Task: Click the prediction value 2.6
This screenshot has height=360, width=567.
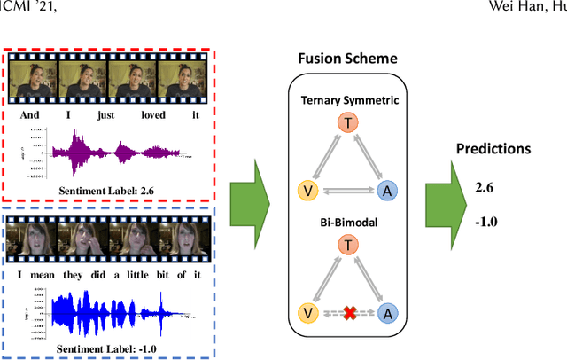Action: pos(485,188)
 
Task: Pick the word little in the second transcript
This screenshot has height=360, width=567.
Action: pos(138,274)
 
